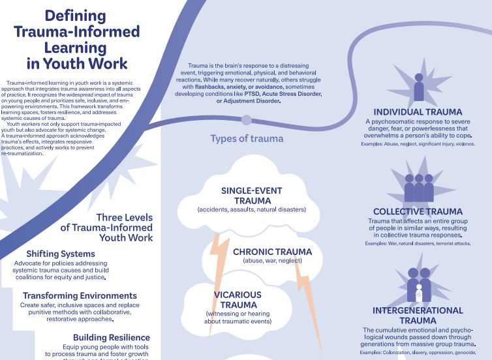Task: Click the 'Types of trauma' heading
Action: click(247, 138)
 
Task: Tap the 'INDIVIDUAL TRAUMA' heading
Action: click(418, 112)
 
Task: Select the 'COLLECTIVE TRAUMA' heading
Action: click(418, 211)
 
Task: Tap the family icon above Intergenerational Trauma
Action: click(418, 284)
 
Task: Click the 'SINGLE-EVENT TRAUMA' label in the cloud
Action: click(251, 195)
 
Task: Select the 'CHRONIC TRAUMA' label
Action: click(272, 252)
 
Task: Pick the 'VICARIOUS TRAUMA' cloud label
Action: click(238, 299)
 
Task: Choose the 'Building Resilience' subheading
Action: click(112, 337)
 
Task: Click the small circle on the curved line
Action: click(246, 119)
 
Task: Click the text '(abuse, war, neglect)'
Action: click(272, 261)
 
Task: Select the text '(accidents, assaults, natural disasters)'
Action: click(251, 209)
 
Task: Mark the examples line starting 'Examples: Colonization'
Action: click(418, 352)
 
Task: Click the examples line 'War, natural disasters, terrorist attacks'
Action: click(418, 243)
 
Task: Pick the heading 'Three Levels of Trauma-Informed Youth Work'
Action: click(107, 228)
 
